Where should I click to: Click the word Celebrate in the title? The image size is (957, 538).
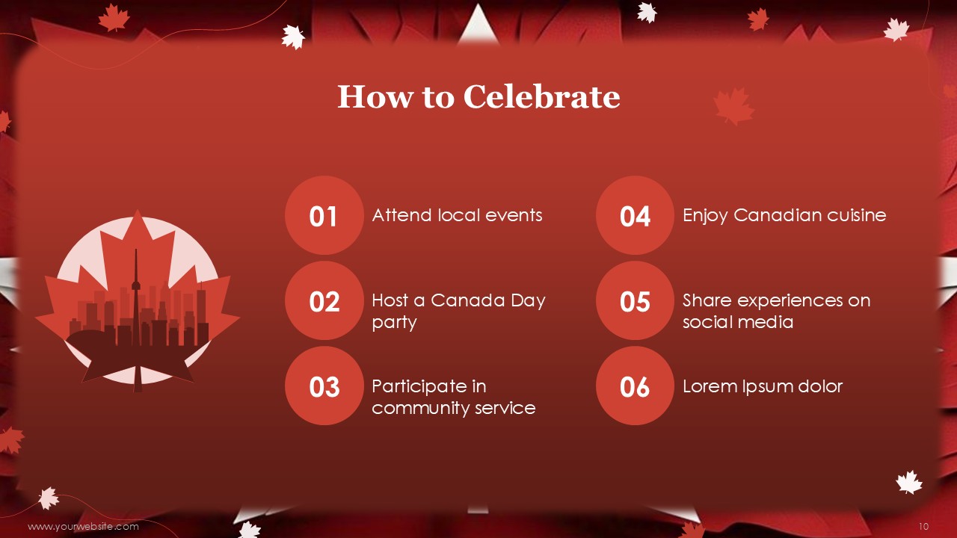point(541,96)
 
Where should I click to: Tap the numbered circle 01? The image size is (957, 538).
point(324,215)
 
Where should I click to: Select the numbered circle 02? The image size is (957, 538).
point(324,300)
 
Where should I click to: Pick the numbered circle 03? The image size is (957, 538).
point(324,386)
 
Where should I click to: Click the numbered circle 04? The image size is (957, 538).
point(635,215)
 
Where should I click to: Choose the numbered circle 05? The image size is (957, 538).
point(635,300)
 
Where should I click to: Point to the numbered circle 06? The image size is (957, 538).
point(635,386)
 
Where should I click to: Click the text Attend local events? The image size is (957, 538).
point(457,215)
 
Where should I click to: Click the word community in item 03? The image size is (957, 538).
point(420,409)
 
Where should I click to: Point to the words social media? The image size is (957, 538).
point(738,322)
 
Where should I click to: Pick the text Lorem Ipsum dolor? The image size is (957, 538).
point(763,387)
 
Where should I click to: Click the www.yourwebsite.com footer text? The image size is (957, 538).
point(83,527)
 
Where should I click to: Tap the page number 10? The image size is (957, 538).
point(923,527)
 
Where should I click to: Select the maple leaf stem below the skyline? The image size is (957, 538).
point(138,378)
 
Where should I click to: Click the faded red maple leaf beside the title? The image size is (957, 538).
point(733,106)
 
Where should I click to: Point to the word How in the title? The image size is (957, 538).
point(375,96)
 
